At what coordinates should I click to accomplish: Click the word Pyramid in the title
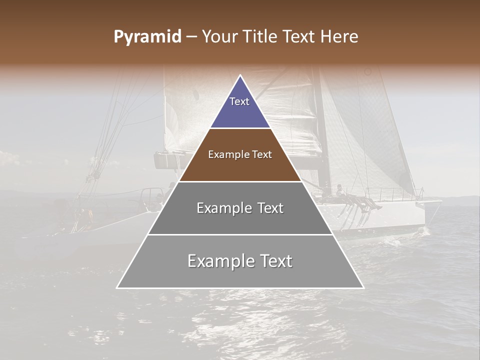[x=147, y=37]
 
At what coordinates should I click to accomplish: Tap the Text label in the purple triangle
[x=239, y=101]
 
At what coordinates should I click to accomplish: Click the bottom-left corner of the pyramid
[x=117, y=287]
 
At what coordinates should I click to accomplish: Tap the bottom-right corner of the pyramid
[x=363, y=287]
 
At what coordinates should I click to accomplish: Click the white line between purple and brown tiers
[x=240, y=128]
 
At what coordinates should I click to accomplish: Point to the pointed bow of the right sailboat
[x=440, y=202]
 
